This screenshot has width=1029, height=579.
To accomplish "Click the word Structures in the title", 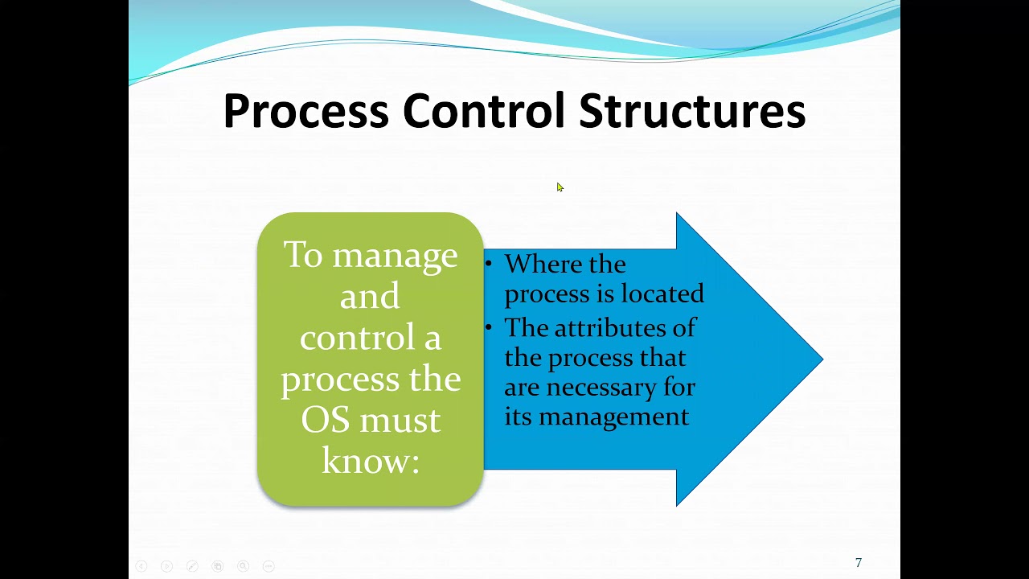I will (x=692, y=111).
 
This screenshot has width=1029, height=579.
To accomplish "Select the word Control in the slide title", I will (x=483, y=111).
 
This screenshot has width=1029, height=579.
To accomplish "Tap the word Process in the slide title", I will (x=305, y=111).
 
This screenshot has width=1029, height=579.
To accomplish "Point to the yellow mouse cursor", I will (x=560, y=187).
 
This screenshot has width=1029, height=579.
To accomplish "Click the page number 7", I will (x=858, y=563).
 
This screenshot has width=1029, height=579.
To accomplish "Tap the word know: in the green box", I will (x=371, y=461).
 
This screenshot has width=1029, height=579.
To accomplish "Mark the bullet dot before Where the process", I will (x=489, y=264).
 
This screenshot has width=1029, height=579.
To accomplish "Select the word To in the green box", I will (x=302, y=255).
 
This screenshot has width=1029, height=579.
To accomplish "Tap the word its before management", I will (x=519, y=417).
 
